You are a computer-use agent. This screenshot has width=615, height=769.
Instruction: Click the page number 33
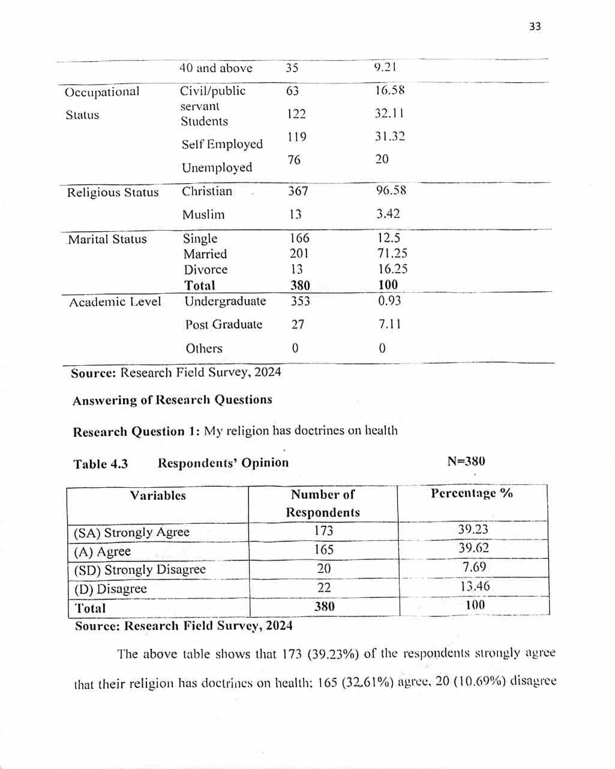click(x=535, y=26)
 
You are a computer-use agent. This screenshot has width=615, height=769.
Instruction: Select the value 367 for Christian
click(x=298, y=191)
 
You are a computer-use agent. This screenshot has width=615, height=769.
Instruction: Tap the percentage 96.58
click(x=391, y=190)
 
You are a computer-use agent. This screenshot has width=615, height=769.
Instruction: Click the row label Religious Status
click(x=113, y=193)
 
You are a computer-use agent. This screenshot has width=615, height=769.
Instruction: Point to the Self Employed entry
click(x=222, y=144)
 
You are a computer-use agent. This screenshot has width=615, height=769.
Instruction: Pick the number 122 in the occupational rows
click(x=296, y=114)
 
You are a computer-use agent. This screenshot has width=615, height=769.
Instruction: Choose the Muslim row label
click(x=203, y=214)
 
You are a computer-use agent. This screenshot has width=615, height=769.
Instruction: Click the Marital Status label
click(x=107, y=239)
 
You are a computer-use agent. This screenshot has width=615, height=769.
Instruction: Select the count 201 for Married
click(x=299, y=254)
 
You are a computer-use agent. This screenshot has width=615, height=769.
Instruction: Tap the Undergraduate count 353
click(x=301, y=301)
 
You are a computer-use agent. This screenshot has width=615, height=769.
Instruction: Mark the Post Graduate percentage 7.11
click(x=390, y=324)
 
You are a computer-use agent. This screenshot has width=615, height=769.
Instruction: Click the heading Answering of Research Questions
click(x=172, y=400)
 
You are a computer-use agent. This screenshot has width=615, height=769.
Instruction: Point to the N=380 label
click(x=466, y=461)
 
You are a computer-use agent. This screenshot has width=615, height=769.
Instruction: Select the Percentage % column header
click(x=472, y=493)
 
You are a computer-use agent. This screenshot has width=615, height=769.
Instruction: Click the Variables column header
click(x=158, y=496)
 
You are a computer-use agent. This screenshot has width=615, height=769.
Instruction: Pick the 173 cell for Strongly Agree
click(x=323, y=530)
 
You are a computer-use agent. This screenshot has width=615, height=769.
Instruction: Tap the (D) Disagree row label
click(x=110, y=589)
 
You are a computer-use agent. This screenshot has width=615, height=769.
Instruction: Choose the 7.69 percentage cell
click(x=474, y=567)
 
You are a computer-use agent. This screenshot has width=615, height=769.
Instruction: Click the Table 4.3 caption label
click(x=100, y=464)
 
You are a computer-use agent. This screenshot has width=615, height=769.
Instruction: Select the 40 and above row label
click(x=215, y=68)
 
